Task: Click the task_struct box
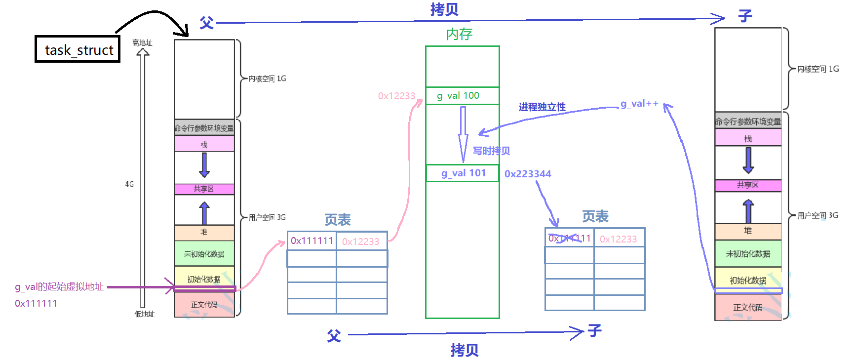[x=78, y=49]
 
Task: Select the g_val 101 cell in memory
[x=463, y=173]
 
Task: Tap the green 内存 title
[x=459, y=34]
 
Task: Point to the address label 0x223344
[x=528, y=174]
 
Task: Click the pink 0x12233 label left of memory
[x=396, y=96]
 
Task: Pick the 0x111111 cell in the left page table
[x=312, y=241]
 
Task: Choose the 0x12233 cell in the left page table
[x=361, y=242]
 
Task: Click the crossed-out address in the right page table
[x=569, y=239]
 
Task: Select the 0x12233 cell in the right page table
[x=619, y=239]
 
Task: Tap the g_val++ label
[x=639, y=104]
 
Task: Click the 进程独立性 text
[x=542, y=107]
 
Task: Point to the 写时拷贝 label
[x=491, y=151]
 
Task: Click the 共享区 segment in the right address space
[x=748, y=185]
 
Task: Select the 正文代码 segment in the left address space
[x=204, y=305]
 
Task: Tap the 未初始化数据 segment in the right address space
[x=748, y=254]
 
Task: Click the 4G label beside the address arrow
[x=129, y=184]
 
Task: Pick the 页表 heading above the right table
[x=595, y=216]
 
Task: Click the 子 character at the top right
[x=745, y=16]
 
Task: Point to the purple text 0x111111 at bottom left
[x=36, y=303]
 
